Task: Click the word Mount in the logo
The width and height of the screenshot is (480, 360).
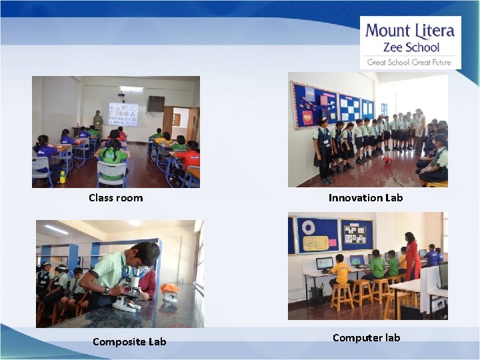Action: click(x=388, y=31)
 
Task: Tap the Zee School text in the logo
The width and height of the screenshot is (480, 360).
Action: click(x=411, y=47)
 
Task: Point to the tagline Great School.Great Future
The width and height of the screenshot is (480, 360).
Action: click(x=409, y=62)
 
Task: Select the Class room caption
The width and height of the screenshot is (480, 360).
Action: click(x=115, y=198)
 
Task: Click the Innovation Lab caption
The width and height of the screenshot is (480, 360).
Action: click(x=365, y=198)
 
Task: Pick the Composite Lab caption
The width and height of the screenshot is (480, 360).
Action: click(x=129, y=342)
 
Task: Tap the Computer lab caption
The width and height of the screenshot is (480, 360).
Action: click(x=366, y=338)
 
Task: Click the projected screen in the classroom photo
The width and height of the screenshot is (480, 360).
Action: click(x=123, y=114)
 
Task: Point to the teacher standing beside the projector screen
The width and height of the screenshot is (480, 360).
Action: click(x=98, y=121)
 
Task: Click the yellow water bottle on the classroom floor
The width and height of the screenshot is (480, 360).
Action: click(x=63, y=177)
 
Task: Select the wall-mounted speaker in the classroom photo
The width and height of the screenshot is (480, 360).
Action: click(x=155, y=103)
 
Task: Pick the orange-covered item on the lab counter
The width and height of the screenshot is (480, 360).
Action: click(x=170, y=289)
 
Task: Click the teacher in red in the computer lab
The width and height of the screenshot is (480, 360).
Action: click(x=412, y=257)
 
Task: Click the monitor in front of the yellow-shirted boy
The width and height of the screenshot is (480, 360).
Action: click(x=324, y=263)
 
